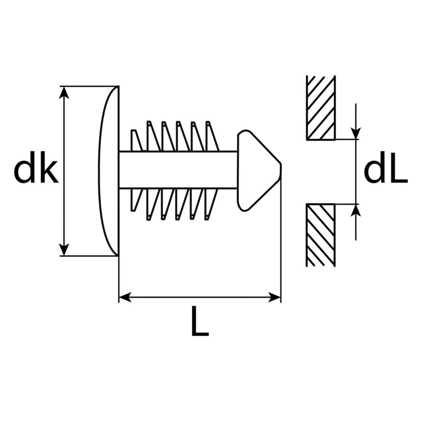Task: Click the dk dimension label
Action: coord(36,167)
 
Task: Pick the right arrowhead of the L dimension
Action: coord(274,297)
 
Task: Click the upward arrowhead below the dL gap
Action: coord(356,210)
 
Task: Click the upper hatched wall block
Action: coord(321,108)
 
